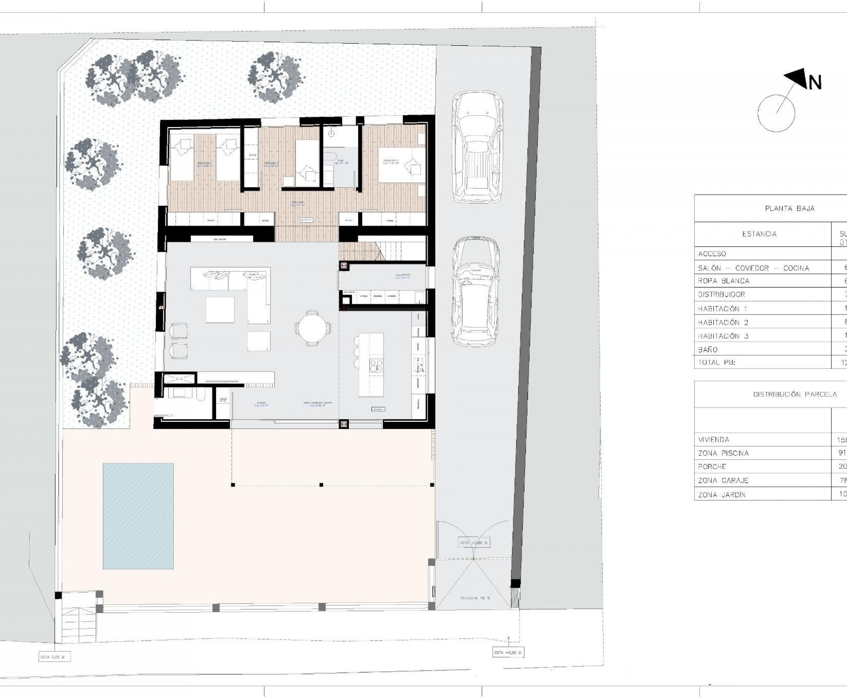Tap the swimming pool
pyautogui.click(x=138, y=516)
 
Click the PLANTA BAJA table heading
pyautogui.click(x=789, y=208)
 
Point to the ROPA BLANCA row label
pyautogui.click(x=723, y=281)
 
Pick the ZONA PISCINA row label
pyautogui.click(x=723, y=453)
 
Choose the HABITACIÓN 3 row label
pyautogui.click(x=723, y=336)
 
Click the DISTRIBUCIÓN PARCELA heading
pyautogui.click(x=795, y=395)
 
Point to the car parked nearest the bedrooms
pyautogui.click(x=477, y=147)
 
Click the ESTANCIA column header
pyautogui.click(x=759, y=234)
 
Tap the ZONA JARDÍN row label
pyautogui.click(x=722, y=495)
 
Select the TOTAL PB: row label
pyautogui.click(x=716, y=362)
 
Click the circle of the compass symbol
pyautogui.click(x=776, y=114)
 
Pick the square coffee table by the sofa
pyautogui.click(x=220, y=310)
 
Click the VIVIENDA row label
pyautogui.click(x=714, y=439)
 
